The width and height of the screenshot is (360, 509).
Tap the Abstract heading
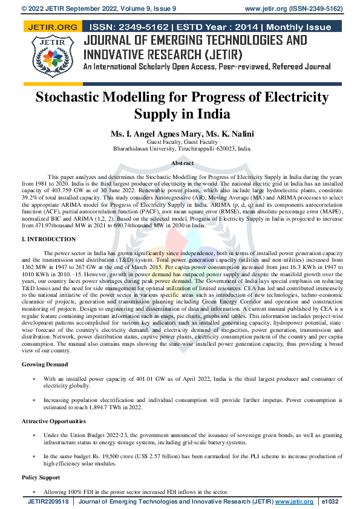tap(182, 163)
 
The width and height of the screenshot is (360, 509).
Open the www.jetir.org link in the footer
tap(294, 502)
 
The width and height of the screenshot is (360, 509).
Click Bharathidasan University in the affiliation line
tap(143, 149)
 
